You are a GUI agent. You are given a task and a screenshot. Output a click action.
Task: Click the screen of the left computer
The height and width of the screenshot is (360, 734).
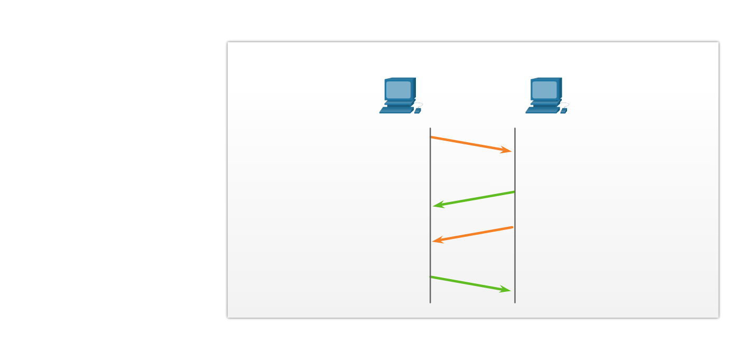398,90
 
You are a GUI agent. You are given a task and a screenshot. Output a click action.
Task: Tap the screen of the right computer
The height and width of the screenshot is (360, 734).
544,90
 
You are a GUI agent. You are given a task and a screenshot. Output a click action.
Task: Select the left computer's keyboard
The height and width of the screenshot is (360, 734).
395,110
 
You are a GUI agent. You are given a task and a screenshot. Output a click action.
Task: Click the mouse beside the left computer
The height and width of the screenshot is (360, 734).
417,110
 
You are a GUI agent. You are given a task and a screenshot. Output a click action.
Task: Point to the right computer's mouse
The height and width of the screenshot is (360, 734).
563,110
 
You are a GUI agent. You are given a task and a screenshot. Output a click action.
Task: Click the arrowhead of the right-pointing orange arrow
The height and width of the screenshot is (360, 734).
507,151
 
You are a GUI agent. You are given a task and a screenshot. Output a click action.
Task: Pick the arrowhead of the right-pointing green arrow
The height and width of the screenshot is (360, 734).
506,290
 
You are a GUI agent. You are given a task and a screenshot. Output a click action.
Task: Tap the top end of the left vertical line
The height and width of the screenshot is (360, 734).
430,129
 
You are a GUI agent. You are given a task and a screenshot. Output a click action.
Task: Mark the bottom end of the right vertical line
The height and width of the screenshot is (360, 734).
515,302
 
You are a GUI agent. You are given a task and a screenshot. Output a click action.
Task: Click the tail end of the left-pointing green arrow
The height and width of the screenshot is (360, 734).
514,192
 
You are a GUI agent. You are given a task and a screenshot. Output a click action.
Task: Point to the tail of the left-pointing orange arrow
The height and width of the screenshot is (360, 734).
512,227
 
